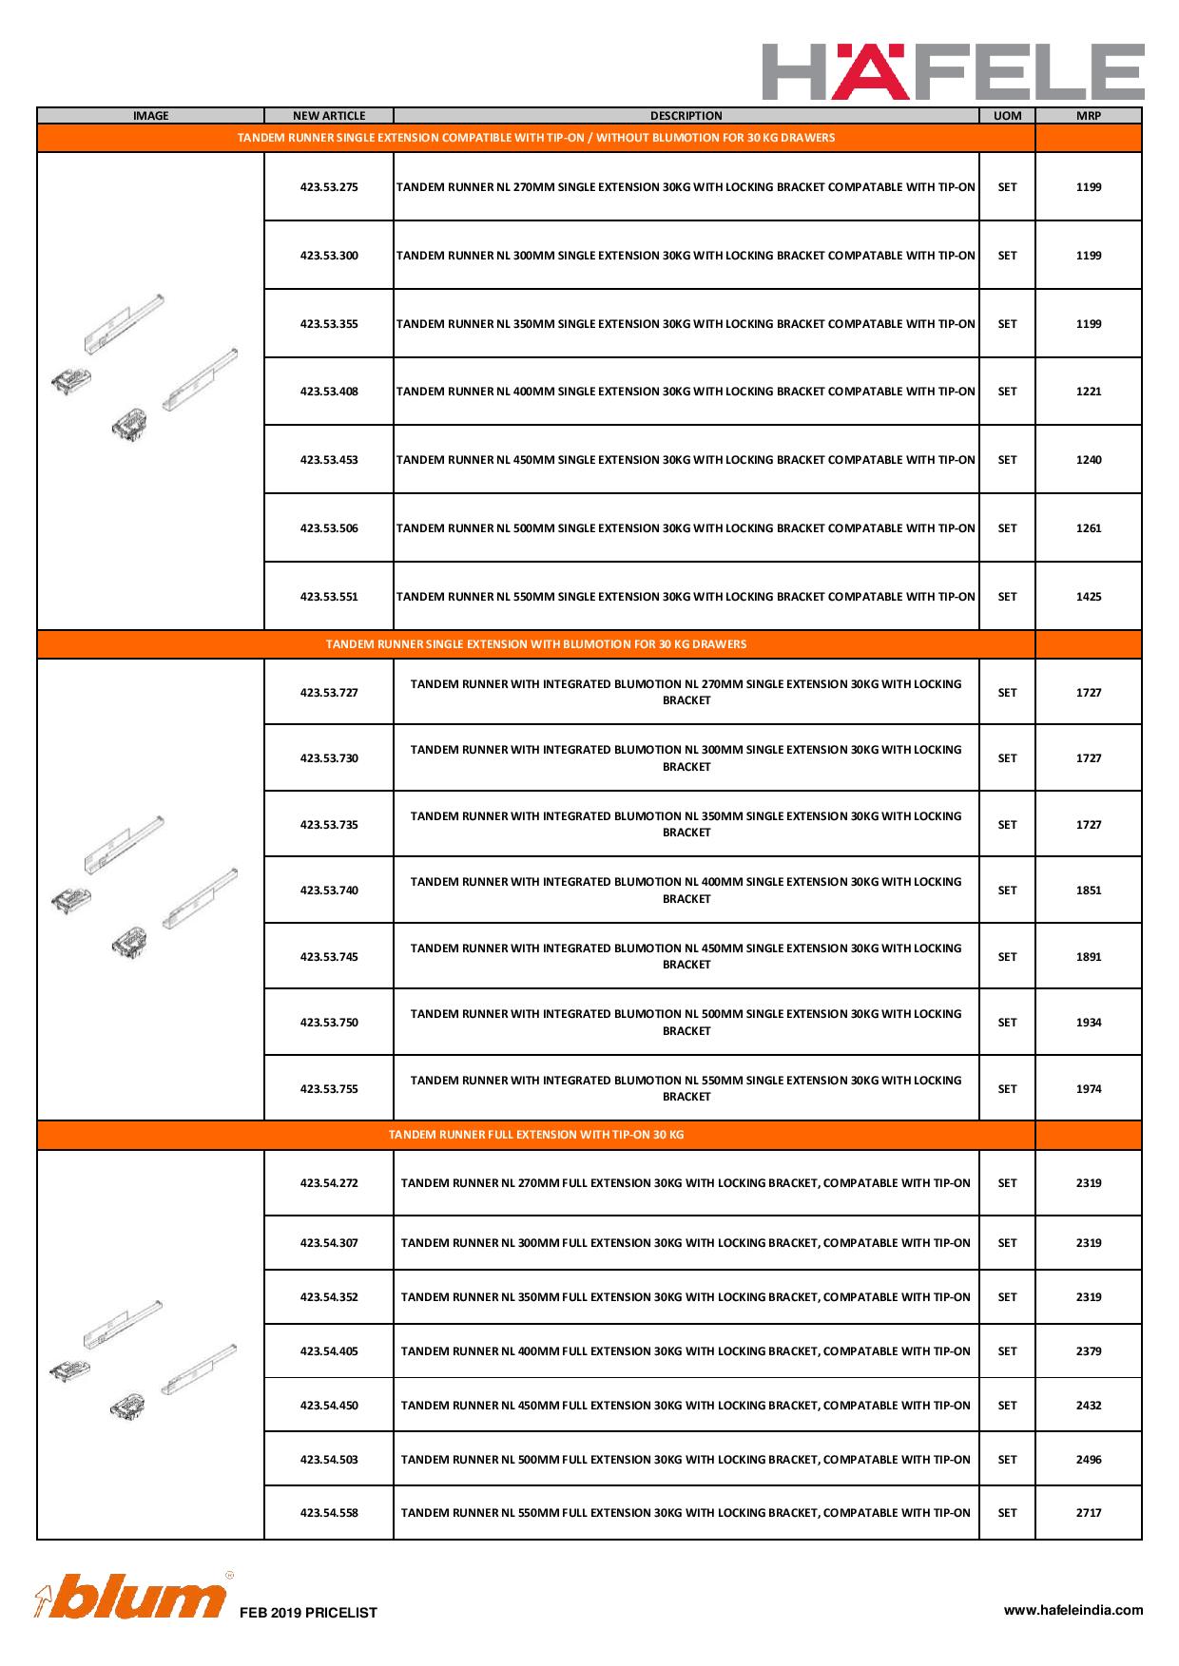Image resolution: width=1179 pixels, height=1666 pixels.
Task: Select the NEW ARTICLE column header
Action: (329, 116)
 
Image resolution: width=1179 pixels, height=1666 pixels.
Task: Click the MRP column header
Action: (1088, 116)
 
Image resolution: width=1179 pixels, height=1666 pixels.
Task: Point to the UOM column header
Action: (1007, 116)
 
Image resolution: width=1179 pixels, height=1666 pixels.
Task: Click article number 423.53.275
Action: (329, 187)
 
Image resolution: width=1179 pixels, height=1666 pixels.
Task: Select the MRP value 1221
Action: (1089, 392)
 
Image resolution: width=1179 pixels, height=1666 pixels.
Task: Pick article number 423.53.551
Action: (329, 597)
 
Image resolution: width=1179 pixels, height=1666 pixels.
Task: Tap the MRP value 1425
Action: (1089, 597)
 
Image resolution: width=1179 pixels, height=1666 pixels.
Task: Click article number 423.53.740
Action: (329, 890)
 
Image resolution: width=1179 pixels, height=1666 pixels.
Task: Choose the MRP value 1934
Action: (1089, 1023)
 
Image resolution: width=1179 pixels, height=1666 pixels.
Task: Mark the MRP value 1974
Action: (1089, 1089)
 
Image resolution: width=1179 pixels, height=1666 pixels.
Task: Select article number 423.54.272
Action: (329, 1183)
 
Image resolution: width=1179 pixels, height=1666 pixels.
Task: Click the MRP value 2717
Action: (1089, 1513)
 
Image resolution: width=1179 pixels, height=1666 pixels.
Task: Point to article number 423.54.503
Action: (329, 1460)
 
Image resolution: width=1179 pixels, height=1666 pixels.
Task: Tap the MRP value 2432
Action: (1089, 1406)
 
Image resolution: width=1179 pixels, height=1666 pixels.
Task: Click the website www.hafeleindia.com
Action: (1073, 1610)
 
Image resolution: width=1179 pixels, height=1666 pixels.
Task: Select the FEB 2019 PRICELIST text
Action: (309, 1613)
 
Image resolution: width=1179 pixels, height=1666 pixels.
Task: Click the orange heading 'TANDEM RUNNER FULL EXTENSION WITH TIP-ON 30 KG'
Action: (536, 1135)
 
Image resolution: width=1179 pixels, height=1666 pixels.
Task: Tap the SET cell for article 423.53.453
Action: (1007, 460)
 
